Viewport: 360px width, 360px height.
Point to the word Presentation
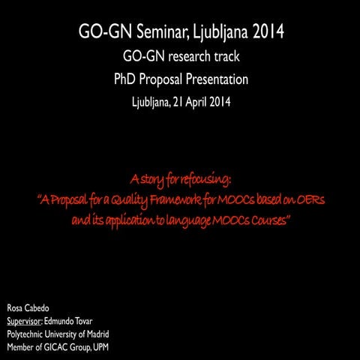coord(211,79)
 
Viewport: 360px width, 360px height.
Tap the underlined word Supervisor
coord(24,322)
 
